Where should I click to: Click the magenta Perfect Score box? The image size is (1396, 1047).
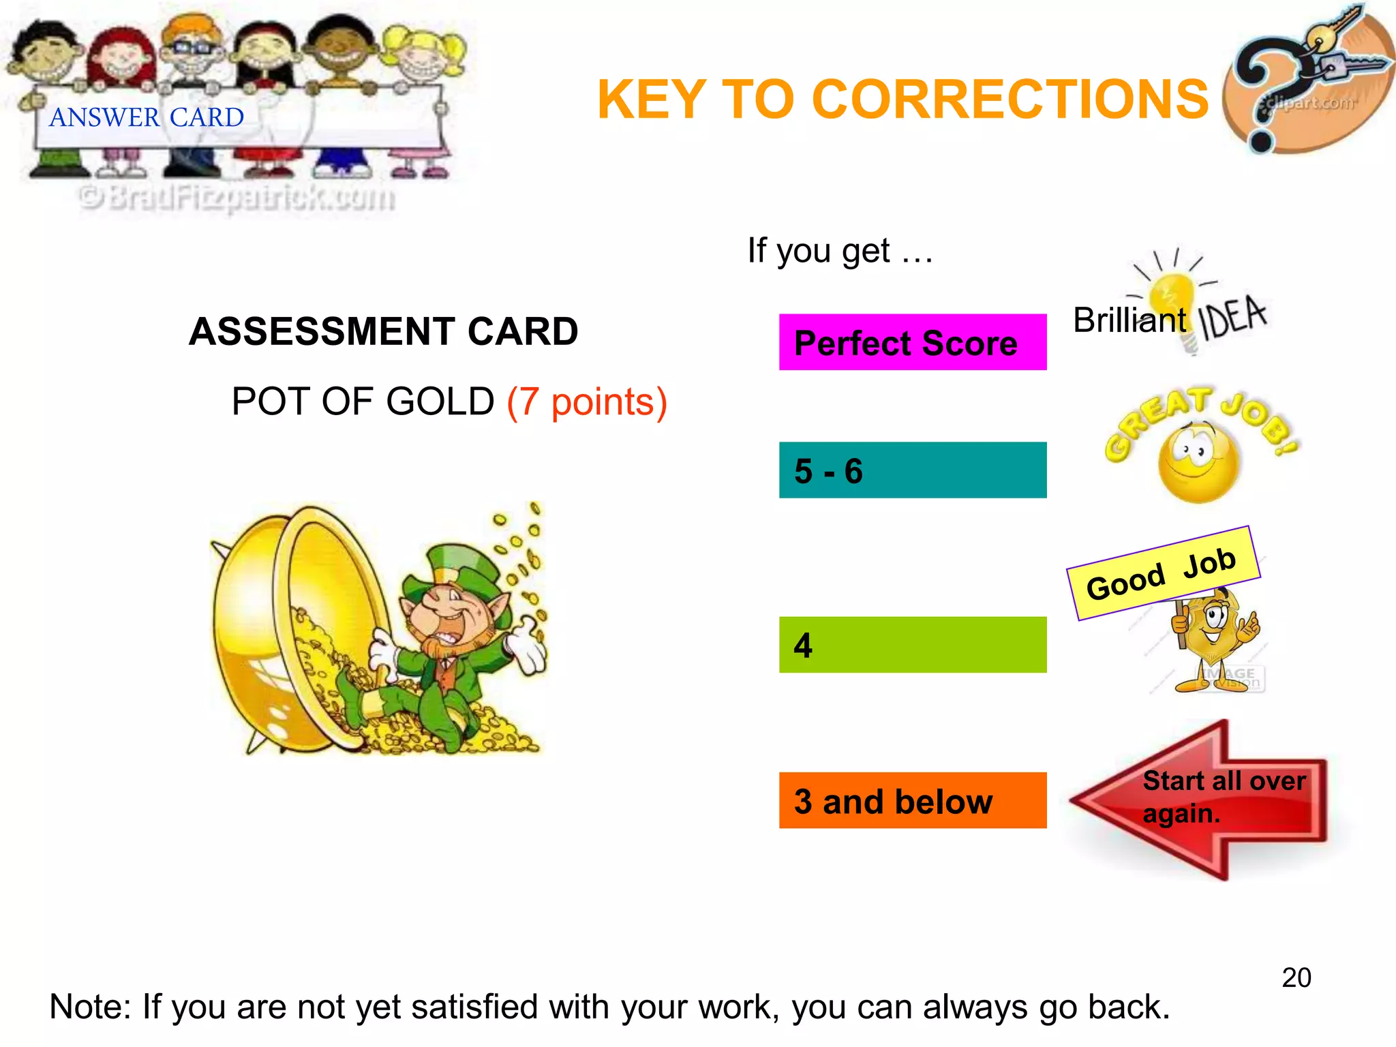912,342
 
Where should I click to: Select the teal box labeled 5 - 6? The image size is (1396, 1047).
912,470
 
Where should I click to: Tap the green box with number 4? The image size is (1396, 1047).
912,645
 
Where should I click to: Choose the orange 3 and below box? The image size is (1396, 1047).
912,800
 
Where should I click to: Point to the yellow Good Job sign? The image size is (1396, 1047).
1163,573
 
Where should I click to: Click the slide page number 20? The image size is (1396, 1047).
1296,977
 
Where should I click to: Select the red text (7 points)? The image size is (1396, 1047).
587,401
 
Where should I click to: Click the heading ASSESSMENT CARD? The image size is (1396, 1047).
383,332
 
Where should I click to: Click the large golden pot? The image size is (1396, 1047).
286,631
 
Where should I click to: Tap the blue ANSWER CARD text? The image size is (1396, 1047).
147,118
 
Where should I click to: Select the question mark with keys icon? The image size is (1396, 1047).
1305,82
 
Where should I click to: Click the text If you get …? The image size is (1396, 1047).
840,251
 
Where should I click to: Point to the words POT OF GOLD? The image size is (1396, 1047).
363,401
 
